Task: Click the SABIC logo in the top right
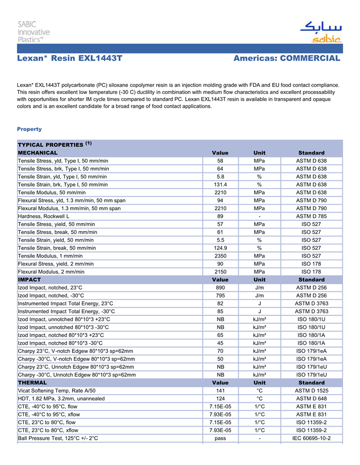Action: click(x=320, y=32)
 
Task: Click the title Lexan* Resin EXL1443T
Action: click(x=69, y=59)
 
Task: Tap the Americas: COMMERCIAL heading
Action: click(x=286, y=59)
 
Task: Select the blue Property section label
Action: click(x=29, y=129)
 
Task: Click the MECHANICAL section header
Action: click(x=38, y=153)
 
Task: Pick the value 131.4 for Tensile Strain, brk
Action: click(x=220, y=184)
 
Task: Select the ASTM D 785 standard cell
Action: click(x=311, y=216)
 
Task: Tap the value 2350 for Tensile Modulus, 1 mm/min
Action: click(x=220, y=255)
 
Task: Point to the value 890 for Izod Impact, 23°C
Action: click(x=220, y=288)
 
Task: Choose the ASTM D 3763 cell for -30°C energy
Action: click(x=311, y=311)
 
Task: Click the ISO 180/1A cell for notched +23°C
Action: click(x=311, y=335)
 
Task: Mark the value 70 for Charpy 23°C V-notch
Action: click(x=220, y=351)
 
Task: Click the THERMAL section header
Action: click(x=32, y=383)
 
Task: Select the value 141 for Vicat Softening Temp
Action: click(x=220, y=391)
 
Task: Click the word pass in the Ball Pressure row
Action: click(x=220, y=438)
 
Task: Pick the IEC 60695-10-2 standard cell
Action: click(x=311, y=438)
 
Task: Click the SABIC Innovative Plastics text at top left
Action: click(x=33, y=31)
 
